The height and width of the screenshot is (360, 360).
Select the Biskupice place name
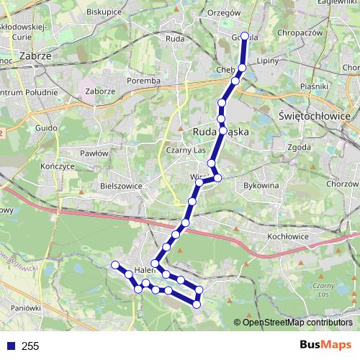click(104, 12)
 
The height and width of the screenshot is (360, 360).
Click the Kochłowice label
click(288, 236)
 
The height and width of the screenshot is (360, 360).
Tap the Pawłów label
click(94, 153)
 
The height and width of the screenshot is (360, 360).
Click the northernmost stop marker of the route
click(244, 36)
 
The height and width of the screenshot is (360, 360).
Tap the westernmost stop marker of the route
click(114, 265)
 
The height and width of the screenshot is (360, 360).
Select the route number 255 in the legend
click(30, 346)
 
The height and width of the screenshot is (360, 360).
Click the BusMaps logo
click(325, 346)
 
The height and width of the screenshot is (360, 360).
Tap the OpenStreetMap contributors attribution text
click(297, 323)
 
